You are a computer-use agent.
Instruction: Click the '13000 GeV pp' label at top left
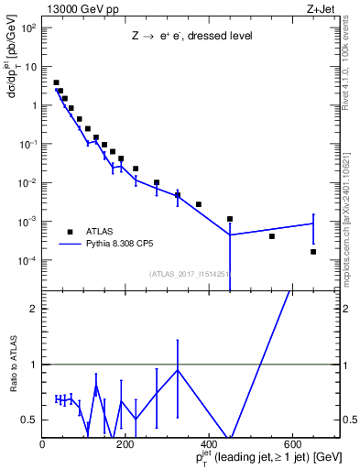coord(73,8)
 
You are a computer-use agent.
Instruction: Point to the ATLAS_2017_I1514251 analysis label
coord(190,273)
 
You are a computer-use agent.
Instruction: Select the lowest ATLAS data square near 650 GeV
coord(313,252)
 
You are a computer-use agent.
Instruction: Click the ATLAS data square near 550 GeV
coord(272,236)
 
